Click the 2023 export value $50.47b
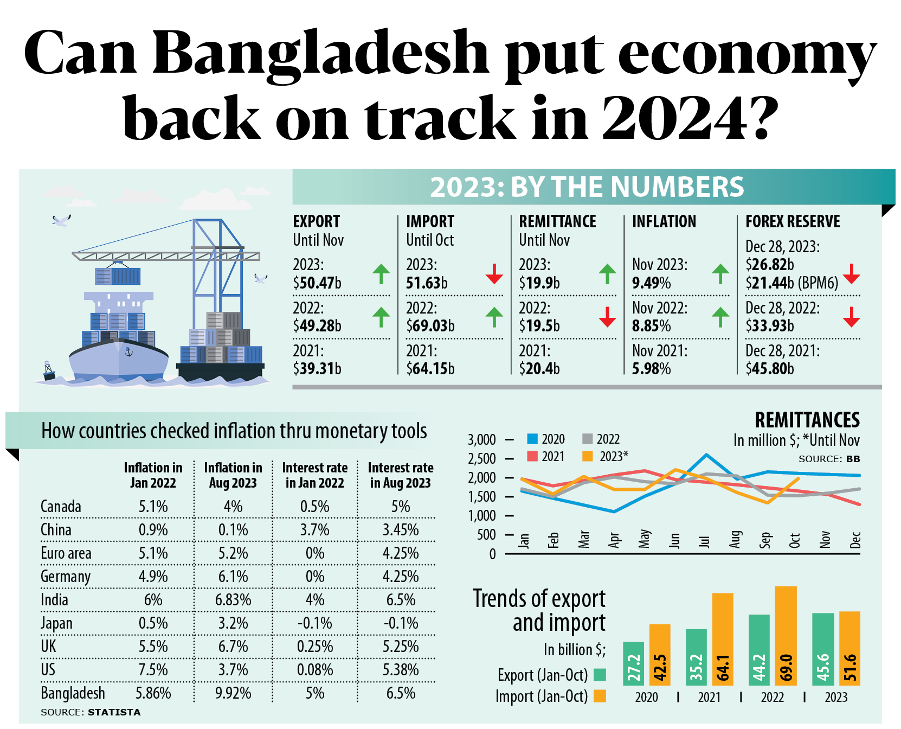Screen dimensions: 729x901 point(317,283)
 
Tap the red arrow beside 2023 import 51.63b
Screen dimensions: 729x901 point(494,273)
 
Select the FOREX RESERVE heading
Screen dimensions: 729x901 point(793,221)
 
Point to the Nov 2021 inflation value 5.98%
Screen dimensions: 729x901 point(651,369)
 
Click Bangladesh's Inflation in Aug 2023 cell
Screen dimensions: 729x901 point(233,693)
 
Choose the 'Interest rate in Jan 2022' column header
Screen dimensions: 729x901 point(315,475)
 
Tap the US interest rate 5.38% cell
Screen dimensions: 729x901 point(401,670)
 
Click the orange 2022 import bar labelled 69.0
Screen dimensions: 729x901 point(786,636)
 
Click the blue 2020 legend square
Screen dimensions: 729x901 point(532,439)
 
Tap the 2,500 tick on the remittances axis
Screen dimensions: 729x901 point(482,459)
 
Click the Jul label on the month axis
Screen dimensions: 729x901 point(704,541)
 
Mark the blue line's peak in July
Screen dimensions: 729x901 point(706,455)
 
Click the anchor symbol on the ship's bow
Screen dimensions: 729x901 point(128,352)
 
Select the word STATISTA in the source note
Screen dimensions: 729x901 point(114,712)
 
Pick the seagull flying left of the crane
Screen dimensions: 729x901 point(61,220)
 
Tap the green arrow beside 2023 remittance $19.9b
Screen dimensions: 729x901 point(607,273)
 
